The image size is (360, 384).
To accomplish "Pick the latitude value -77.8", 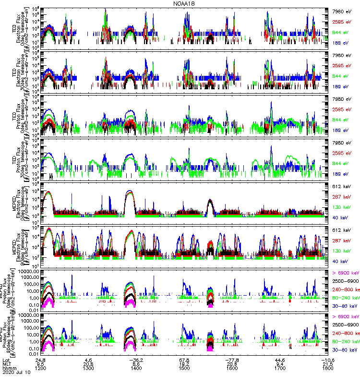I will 232,360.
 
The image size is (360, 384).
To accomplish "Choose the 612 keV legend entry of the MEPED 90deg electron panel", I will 342,230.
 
